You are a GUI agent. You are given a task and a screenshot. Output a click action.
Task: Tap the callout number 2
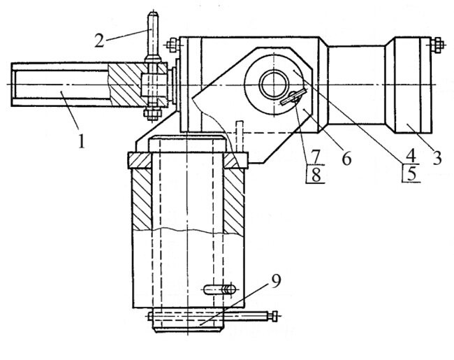click(99, 39)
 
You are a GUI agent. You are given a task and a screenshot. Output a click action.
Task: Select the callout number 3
click(437, 157)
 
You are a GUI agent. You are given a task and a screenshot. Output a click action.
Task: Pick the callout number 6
click(345, 158)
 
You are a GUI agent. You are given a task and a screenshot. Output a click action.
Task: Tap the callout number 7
click(316, 154)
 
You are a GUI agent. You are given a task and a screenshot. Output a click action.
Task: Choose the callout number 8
click(316, 174)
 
